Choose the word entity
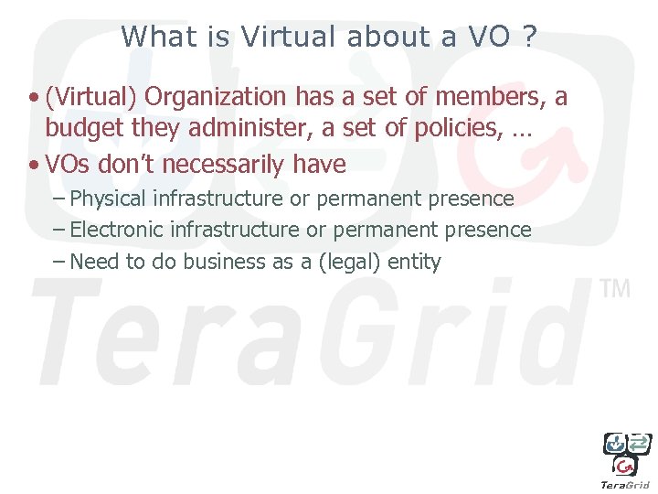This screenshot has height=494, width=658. click(x=414, y=263)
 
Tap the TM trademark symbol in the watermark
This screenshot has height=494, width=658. click(x=615, y=289)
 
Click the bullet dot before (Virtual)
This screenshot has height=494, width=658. click(x=33, y=97)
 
